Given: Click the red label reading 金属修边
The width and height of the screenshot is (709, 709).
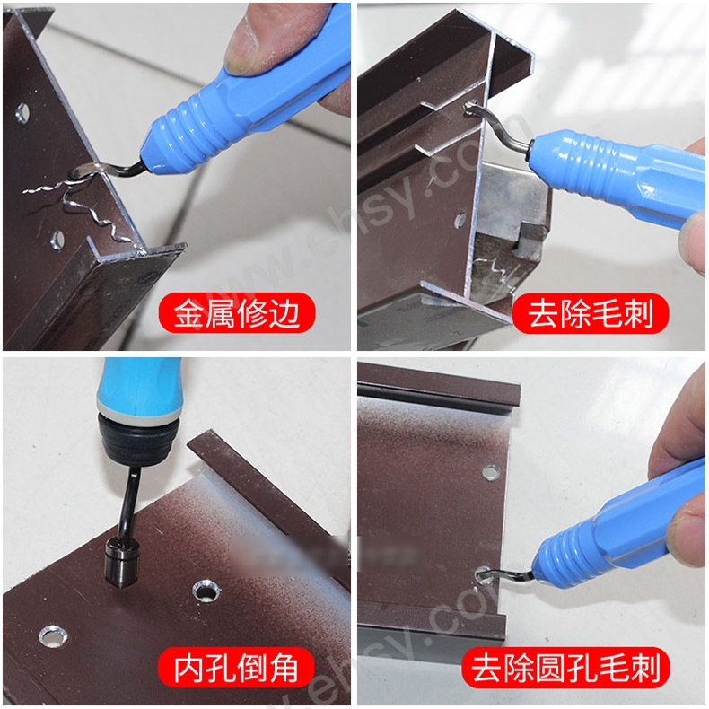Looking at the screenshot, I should pyautogui.click(x=238, y=314).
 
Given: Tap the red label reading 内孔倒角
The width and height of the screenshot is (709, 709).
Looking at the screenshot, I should pyautogui.click(x=238, y=669).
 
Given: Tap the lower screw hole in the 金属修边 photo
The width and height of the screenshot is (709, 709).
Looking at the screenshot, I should pyautogui.click(x=56, y=240).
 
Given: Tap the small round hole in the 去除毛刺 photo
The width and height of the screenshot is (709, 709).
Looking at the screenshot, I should pyautogui.click(x=460, y=217).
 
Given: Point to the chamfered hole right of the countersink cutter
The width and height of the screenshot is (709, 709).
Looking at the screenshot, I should pyautogui.click(x=206, y=591).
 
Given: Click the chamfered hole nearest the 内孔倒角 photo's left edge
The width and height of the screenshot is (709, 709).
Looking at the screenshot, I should pyautogui.click(x=51, y=635).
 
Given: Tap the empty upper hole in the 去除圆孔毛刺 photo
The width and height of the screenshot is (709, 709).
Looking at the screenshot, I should pyautogui.click(x=490, y=471).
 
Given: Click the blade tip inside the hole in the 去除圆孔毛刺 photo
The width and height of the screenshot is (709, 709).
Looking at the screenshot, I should pyautogui.click(x=490, y=572).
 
